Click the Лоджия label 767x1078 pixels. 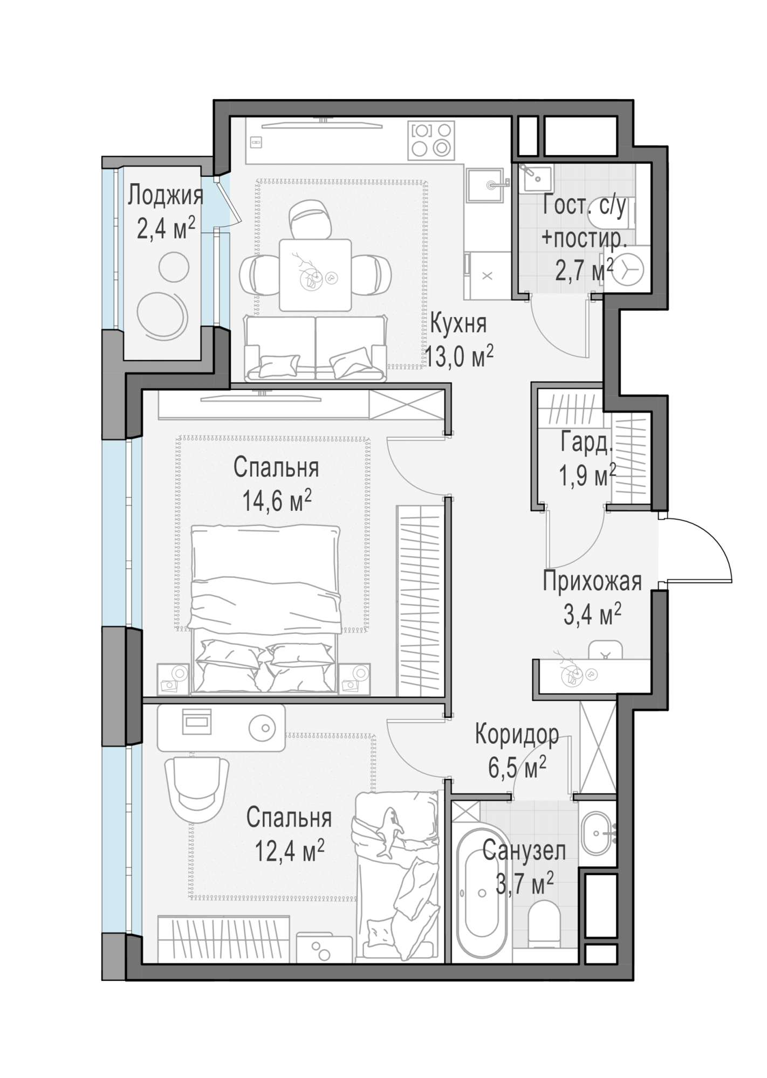(165, 196)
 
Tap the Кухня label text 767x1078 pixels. (458, 324)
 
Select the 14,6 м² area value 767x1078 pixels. (277, 501)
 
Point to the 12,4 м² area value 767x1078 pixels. (289, 851)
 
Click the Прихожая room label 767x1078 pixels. (592, 582)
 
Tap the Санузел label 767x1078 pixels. (524, 851)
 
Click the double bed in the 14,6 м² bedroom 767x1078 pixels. (266, 610)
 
